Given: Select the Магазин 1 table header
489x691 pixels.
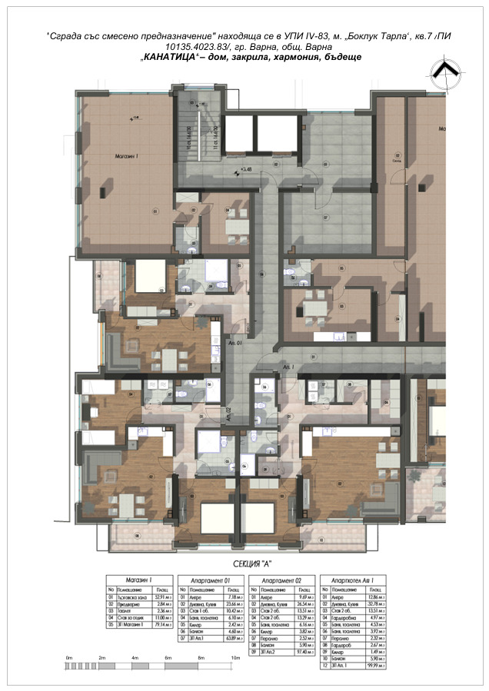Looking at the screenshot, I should click(132, 580).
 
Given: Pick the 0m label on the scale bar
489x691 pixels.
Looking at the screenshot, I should click(68, 659).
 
